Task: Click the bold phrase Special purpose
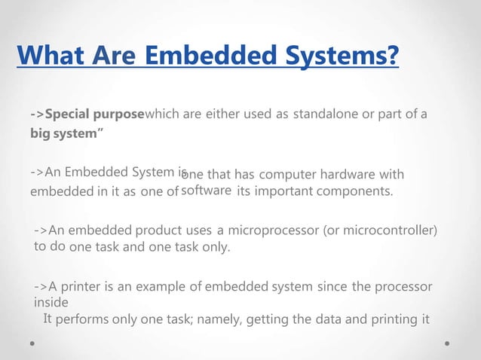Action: tap(94, 114)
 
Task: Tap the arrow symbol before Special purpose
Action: tap(38, 114)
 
